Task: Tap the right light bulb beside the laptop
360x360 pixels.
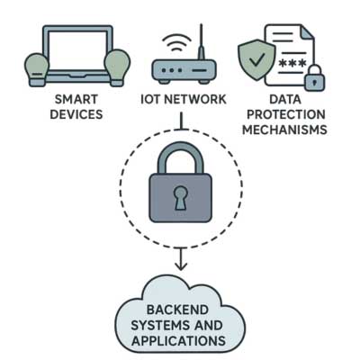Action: pos(117,67)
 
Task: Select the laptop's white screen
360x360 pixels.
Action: pos(77,50)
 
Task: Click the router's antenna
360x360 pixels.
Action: pos(201,42)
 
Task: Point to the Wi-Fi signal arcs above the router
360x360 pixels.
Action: pos(176,42)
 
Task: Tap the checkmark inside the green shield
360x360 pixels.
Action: pos(256,59)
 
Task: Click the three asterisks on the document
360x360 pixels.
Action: pos(292,63)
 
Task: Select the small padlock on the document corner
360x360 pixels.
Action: pos(314,77)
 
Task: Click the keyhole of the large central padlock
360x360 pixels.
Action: pos(181,197)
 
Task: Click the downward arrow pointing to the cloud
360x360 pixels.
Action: pos(181,258)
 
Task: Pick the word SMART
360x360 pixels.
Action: pos(76,99)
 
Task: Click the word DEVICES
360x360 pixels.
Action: pos(76,114)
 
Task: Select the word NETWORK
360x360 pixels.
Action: pos(196,99)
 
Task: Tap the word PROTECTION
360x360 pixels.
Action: pos(286,114)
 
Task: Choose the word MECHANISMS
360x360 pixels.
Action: pos(284,130)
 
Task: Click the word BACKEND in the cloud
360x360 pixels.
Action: pos(177,310)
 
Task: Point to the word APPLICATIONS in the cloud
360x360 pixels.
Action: pos(179,341)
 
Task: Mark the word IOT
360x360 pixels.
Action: pos(150,99)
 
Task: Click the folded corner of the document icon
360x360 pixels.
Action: pos(308,32)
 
